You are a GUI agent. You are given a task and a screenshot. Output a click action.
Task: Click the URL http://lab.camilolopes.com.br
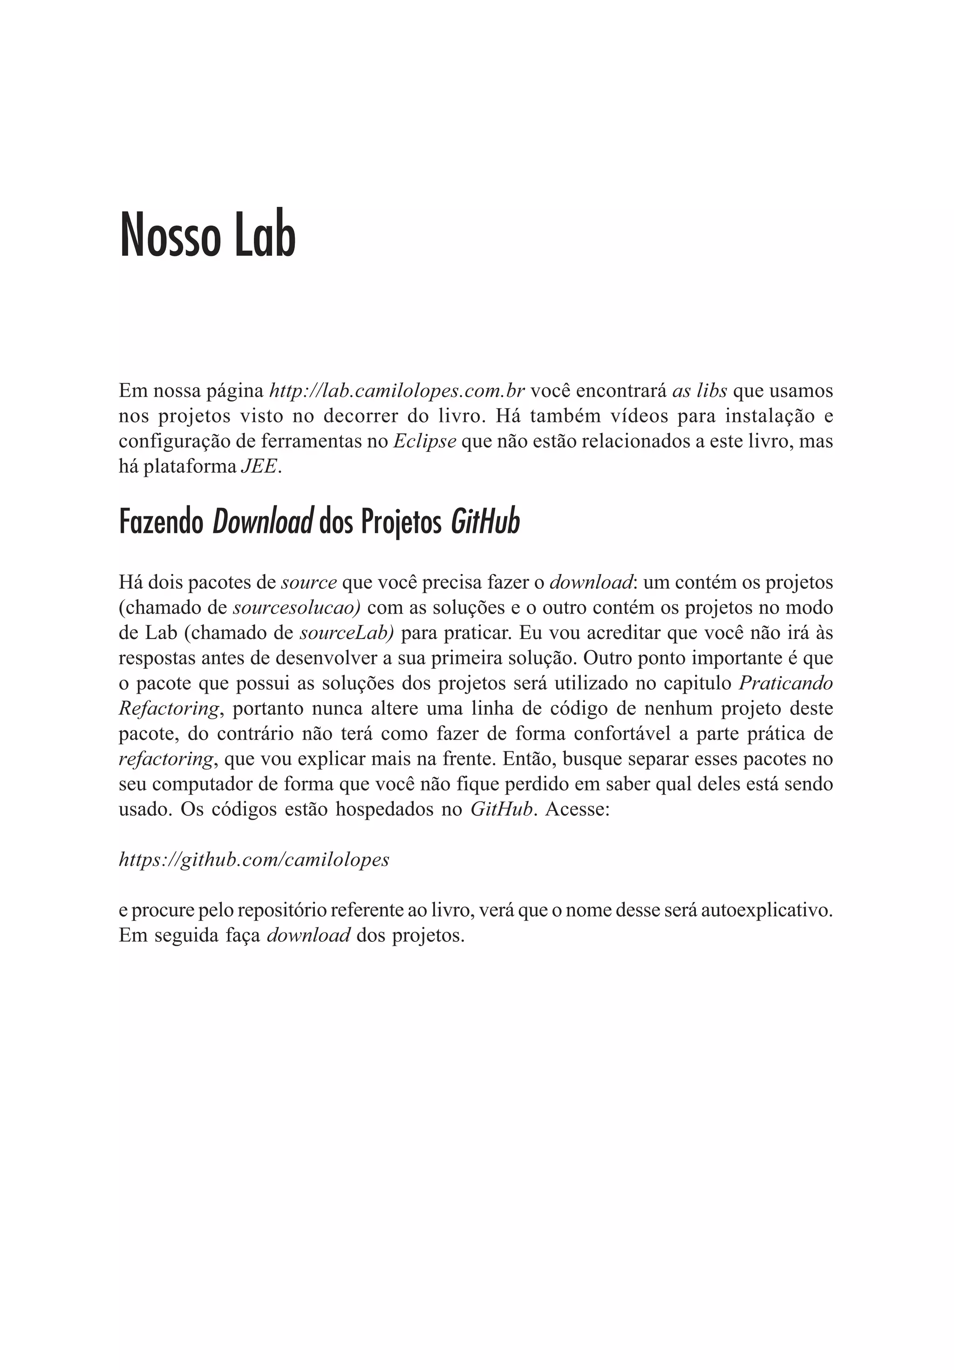coord(397,391)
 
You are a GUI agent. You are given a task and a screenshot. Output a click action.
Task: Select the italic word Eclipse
coord(425,441)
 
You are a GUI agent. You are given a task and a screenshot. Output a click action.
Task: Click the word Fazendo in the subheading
coord(161,522)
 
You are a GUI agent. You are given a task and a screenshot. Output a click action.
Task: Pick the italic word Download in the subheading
coord(263,522)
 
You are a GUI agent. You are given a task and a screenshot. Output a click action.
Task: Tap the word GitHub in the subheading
coord(485,522)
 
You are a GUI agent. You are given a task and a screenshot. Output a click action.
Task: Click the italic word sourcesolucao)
coord(297,607)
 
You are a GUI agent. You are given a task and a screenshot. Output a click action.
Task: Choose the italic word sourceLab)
coord(347,633)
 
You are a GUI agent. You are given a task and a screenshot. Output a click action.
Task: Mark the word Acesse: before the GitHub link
coord(577,809)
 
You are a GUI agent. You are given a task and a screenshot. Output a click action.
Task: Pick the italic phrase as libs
coord(699,391)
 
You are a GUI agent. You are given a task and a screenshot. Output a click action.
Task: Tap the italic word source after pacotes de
coord(309,582)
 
